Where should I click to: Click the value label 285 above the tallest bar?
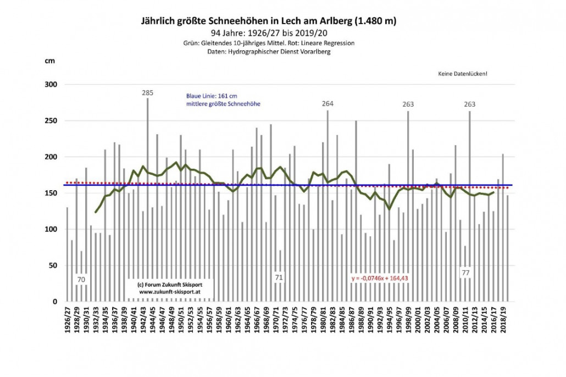coord(147,93)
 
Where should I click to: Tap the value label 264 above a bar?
coord(328,104)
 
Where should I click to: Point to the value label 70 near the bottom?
coord(81,279)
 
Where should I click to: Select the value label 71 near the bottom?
coord(279,278)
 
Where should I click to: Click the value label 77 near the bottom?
coord(465,273)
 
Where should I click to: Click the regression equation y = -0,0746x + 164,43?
coord(382,279)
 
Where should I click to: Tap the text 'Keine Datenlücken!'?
coord(462,74)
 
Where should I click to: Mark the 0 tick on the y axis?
coord(56,302)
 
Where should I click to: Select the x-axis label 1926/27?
coord(68,321)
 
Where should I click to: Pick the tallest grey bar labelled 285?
coord(147,198)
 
